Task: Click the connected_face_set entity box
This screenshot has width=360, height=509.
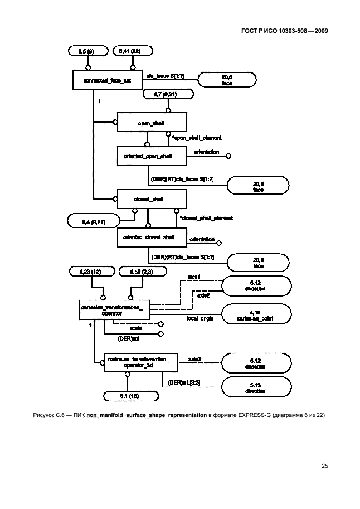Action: [x=106, y=80]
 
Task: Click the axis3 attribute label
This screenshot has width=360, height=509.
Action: [x=195, y=360]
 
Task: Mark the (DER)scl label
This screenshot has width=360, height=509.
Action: [x=125, y=338]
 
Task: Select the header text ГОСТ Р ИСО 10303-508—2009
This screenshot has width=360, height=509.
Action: [x=284, y=31]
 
